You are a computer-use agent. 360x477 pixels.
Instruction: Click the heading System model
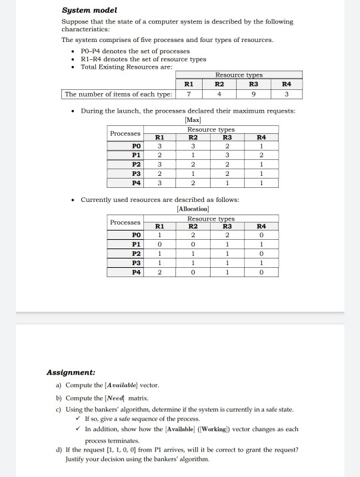tap(89, 10)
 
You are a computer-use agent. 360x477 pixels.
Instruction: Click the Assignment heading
tap(70, 372)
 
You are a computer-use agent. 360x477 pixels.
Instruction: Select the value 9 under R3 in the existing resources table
tap(253, 94)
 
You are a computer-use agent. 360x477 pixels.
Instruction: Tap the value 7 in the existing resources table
tap(189, 94)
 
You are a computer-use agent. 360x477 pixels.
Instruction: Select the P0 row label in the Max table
tap(137, 146)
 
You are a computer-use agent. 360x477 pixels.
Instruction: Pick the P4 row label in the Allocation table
tap(137, 272)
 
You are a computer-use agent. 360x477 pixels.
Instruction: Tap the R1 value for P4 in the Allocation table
tap(159, 272)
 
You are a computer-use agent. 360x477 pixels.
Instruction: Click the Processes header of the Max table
tap(125, 133)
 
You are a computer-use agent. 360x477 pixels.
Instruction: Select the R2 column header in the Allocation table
tap(192, 226)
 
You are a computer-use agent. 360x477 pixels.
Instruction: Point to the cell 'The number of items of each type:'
tap(117, 94)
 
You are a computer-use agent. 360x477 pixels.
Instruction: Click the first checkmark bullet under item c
tap(79, 418)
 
